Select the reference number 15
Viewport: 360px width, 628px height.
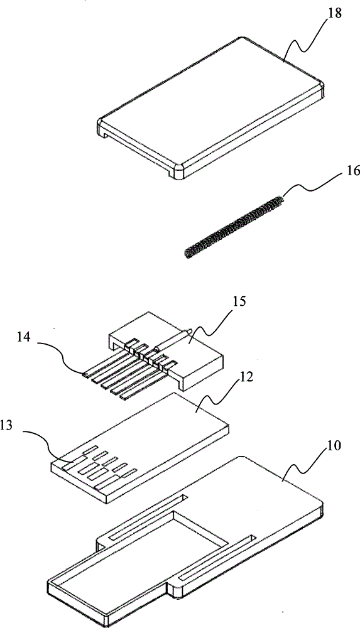[237, 301]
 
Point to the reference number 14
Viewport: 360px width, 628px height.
[24, 337]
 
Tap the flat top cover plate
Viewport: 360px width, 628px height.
[210, 108]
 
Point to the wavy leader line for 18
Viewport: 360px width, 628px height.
[307, 39]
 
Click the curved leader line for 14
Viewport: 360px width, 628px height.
[60, 357]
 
